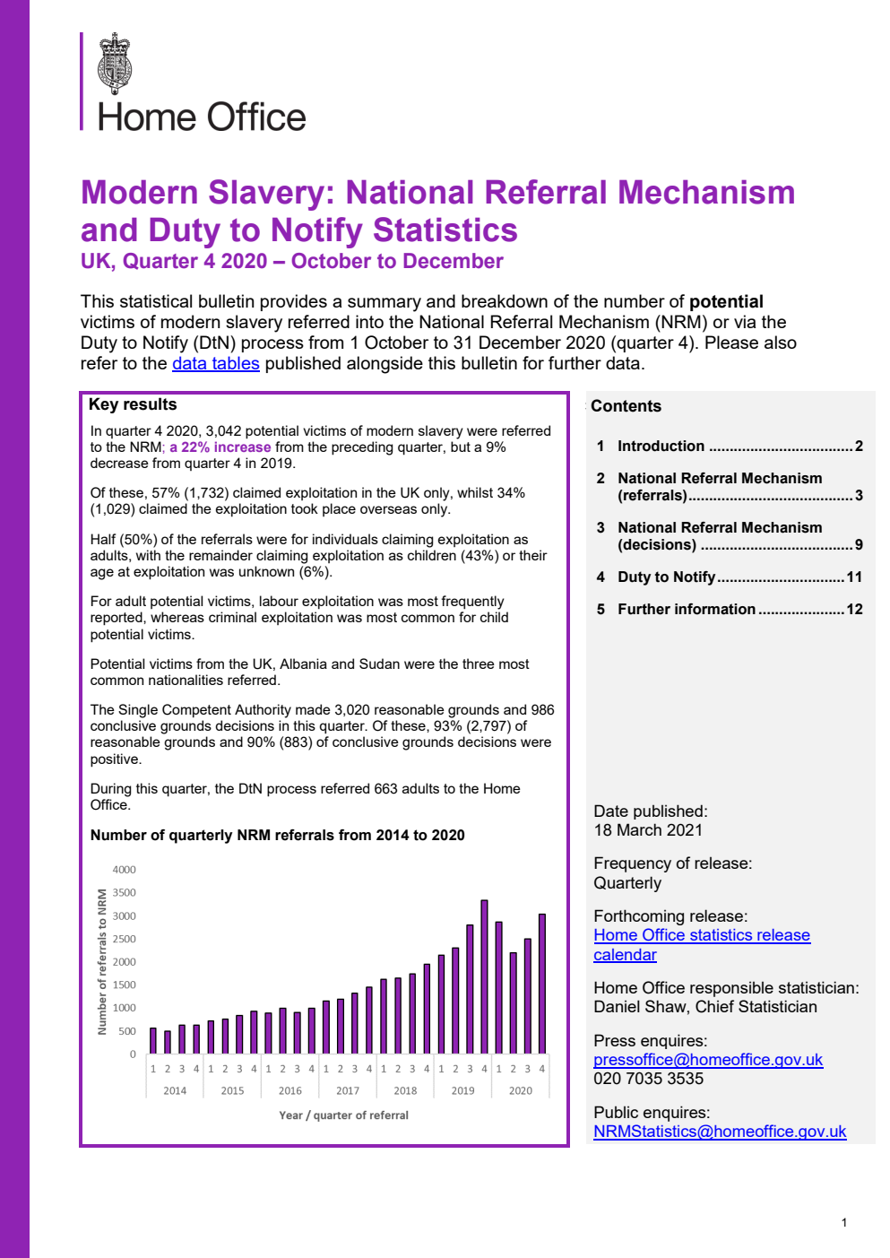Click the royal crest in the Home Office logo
(115, 64)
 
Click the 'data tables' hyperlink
(215, 363)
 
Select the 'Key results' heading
(133, 404)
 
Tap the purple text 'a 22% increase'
(220, 447)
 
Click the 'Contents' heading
(626, 406)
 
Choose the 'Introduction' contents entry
(661, 446)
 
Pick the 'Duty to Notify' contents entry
(666, 577)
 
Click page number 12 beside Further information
(854, 609)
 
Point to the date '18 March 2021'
(648, 830)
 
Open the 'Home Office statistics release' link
(701, 935)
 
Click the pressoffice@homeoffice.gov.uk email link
(707, 1059)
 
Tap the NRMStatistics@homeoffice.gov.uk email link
(719, 1132)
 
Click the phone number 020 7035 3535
(648, 1079)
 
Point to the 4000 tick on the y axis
(124, 870)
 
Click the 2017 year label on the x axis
(348, 1091)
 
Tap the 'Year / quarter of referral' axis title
(343, 1115)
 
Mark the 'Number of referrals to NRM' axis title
(102, 961)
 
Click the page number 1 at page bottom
(843, 1222)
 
